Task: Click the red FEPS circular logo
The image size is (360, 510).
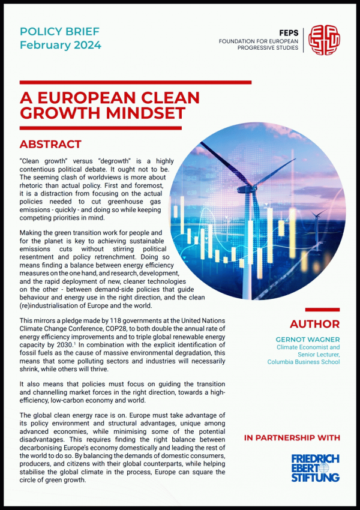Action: pos(323,40)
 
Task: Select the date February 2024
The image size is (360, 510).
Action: pos(60,44)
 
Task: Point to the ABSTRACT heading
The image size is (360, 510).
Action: pos(50,145)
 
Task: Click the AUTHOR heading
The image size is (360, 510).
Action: pos(314,324)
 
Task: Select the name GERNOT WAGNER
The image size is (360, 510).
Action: pos(307,339)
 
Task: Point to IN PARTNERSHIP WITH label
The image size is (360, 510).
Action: pos(292,438)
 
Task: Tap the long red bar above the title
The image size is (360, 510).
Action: pos(135,82)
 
